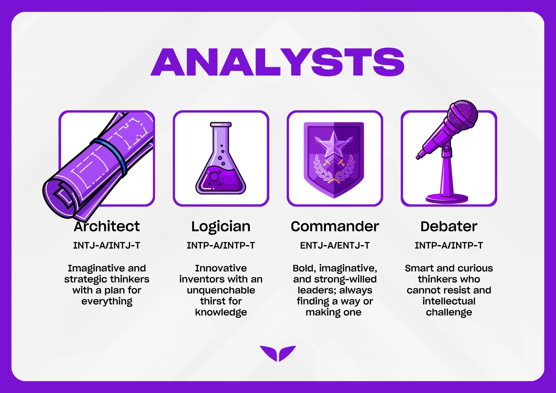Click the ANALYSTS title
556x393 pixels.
tap(278, 62)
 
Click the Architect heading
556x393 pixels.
tap(107, 226)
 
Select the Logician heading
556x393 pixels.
tap(221, 227)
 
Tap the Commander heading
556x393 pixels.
tap(335, 226)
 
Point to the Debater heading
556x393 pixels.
tap(449, 226)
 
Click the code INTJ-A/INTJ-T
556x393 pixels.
tap(107, 245)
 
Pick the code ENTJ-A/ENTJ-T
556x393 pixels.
tap(335, 245)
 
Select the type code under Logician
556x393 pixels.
tap(221, 245)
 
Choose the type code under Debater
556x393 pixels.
tap(449, 245)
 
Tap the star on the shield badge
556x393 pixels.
tap(334, 144)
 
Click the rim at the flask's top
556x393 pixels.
tap(221, 125)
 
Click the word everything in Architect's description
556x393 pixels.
tap(107, 301)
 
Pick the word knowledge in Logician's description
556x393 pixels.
tap(221, 312)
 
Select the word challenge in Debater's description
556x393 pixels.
tap(449, 312)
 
